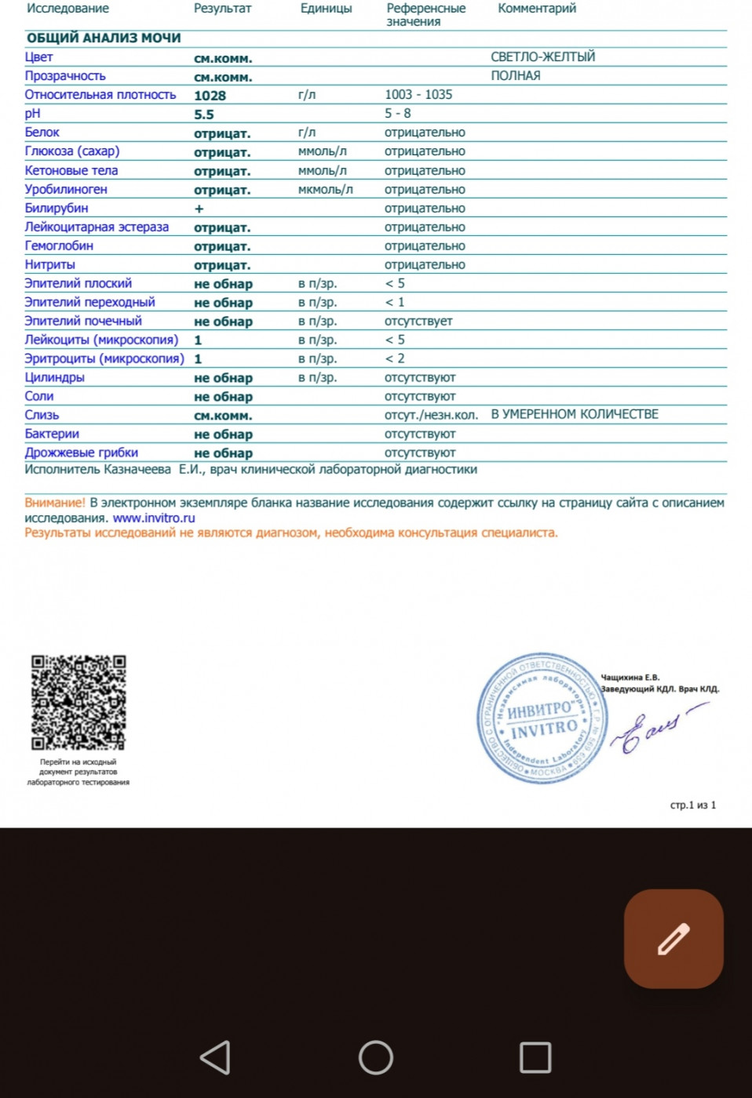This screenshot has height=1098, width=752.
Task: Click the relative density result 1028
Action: click(210, 96)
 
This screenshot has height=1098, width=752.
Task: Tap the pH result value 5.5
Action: click(203, 115)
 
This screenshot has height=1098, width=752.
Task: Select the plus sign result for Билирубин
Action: click(199, 209)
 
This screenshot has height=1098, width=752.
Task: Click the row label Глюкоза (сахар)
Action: click(71, 151)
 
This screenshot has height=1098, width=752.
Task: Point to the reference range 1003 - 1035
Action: click(418, 95)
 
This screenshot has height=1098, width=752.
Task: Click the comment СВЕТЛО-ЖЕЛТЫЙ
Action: click(542, 57)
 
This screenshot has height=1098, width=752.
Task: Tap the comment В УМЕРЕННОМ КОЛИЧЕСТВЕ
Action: click(575, 414)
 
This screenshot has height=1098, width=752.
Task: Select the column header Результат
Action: click(222, 9)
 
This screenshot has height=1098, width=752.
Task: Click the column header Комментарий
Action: click(536, 9)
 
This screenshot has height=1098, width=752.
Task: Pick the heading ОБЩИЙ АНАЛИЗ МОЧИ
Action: click(104, 38)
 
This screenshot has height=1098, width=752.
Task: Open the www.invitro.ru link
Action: click(154, 518)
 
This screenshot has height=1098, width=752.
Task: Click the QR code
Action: click(78, 702)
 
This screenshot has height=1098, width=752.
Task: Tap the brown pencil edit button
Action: click(673, 938)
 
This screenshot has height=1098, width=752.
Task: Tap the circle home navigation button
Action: click(375, 1057)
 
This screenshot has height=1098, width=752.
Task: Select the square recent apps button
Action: click(535, 1057)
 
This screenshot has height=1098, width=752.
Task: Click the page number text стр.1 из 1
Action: click(692, 805)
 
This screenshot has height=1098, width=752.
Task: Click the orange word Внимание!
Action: click(54, 503)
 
